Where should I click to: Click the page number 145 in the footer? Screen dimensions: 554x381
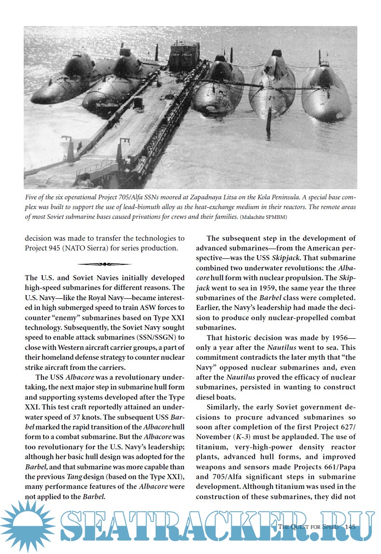tap(350, 527)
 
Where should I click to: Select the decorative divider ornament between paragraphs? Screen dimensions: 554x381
tap(105, 264)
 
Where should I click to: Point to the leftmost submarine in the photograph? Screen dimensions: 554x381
tap(63, 81)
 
